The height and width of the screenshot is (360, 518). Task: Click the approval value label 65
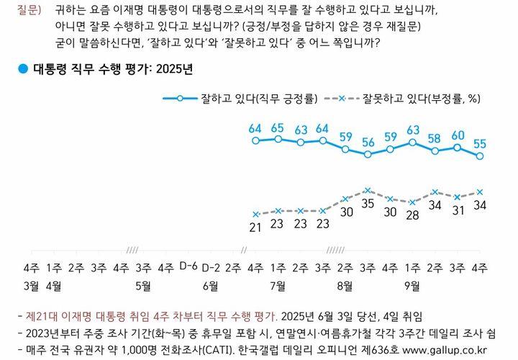278,128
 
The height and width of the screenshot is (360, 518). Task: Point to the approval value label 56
368,141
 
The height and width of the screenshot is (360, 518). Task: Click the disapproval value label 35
368,204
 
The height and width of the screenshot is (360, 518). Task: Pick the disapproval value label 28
412,215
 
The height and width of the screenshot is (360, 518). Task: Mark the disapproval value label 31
458,210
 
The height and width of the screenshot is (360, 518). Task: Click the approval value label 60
458,135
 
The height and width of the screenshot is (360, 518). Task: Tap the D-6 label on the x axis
188,266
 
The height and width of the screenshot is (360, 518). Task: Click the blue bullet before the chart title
22,69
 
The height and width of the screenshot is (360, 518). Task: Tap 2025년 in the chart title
176,70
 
